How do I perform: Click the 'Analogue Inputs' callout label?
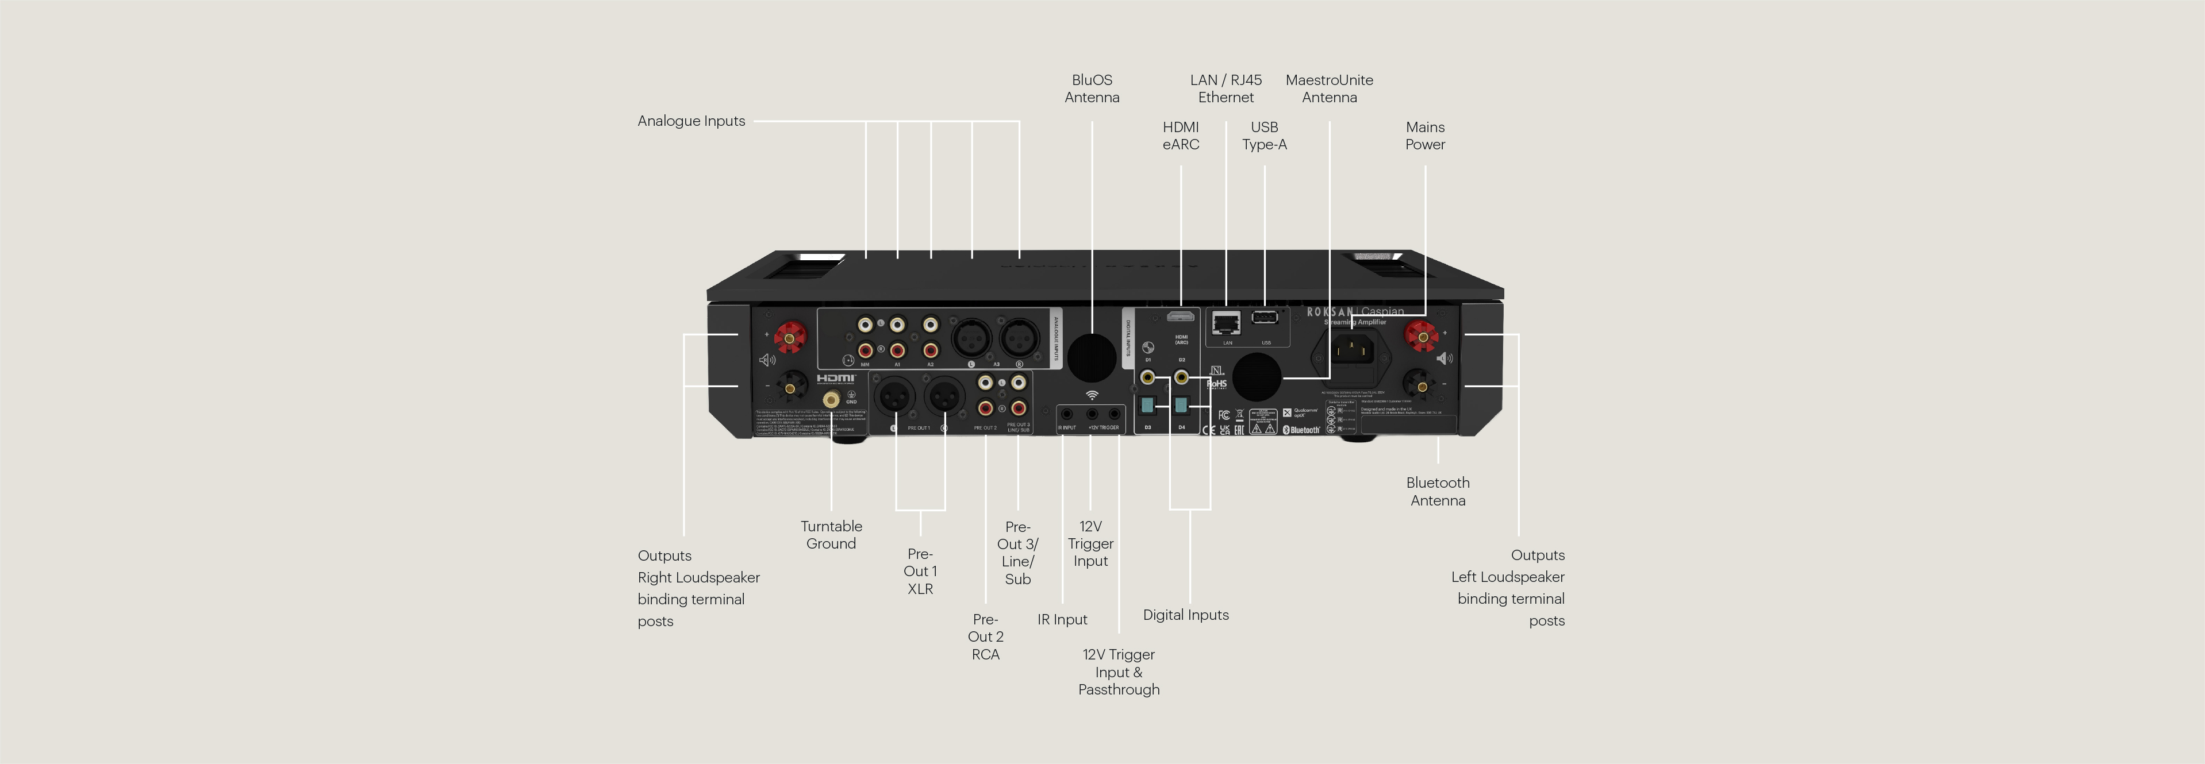pos(691,121)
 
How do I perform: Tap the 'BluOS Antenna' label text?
pos(1092,88)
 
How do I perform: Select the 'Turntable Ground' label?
pos(830,535)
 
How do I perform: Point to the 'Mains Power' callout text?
pos(1424,135)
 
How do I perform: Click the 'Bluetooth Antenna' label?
pos(1437,491)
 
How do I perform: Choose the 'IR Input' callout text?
pos(1062,619)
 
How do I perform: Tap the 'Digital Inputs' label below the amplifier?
pos(1185,614)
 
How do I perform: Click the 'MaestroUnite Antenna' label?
pos(1328,88)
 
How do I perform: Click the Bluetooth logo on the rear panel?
pos(1301,430)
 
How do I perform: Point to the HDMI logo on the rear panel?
pos(835,378)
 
